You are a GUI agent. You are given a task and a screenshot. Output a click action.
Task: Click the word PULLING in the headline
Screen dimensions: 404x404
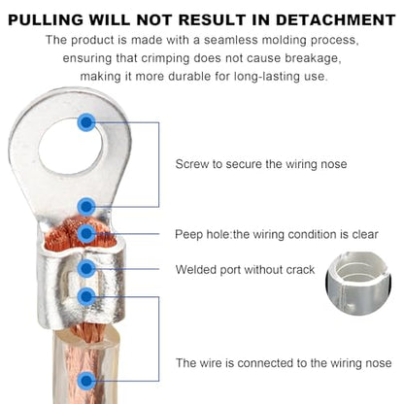pyautogui.click(x=46, y=20)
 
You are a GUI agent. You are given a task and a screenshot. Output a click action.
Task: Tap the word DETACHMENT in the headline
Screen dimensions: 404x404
pyautogui.click(x=336, y=20)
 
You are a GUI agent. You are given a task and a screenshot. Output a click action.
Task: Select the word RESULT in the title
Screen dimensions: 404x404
pyautogui.click(x=212, y=20)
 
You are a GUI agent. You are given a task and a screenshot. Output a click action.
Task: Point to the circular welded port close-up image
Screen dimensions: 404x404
pyautogui.click(x=358, y=284)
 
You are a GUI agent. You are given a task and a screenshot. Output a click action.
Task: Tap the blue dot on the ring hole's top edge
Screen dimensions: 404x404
pyautogui.click(x=86, y=122)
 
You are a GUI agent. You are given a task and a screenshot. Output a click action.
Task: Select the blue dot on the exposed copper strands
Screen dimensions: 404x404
pyautogui.click(x=86, y=233)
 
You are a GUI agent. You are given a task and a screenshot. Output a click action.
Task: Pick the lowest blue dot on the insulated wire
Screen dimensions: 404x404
pyautogui.click(x=86, y=381)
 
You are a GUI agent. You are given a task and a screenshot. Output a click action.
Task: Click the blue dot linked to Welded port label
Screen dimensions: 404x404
pyautogui.click(x=86, y=268)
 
